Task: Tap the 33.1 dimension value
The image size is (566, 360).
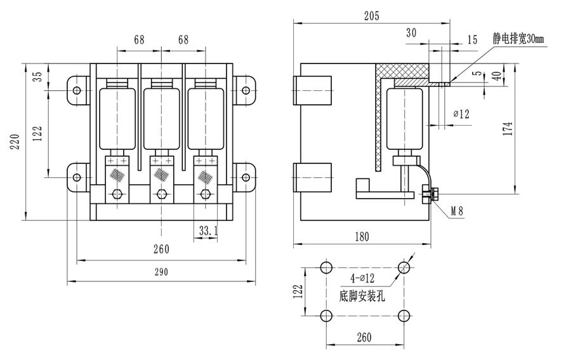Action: [207, 232]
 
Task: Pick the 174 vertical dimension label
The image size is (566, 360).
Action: [508, 127]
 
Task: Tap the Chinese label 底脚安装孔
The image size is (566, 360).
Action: [362, 295]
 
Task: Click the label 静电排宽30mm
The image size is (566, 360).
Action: [518, 39]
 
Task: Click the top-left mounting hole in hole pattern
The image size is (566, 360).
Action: [326, 267]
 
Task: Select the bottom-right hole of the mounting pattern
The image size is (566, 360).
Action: [403, 316]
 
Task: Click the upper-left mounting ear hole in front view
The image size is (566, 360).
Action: [77, 90]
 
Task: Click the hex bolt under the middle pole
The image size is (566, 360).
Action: [161, 194]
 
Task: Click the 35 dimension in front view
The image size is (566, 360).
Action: [38, 76]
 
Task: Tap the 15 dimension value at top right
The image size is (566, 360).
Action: [471, 39]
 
